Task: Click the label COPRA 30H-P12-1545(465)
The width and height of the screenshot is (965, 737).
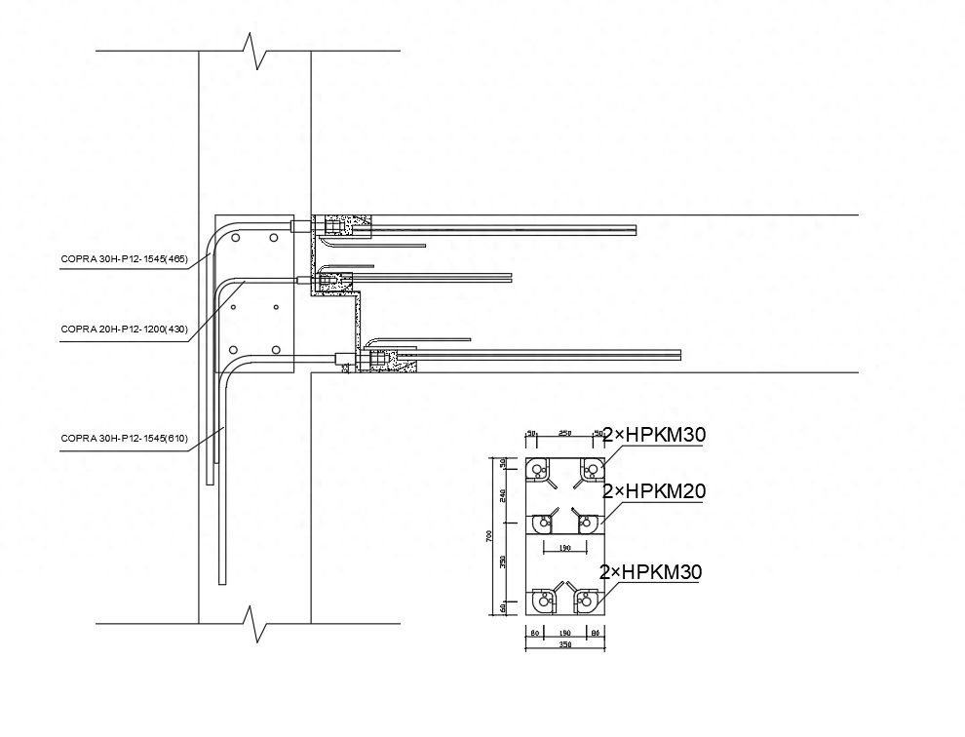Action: (124, 258)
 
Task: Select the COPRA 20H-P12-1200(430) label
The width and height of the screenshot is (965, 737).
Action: (124, 330)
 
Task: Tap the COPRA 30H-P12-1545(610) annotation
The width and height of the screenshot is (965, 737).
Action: (124, 439)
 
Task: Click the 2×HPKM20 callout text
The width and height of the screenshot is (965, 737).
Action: (653, 491)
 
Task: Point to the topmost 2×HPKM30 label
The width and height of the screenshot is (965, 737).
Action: (653, 435)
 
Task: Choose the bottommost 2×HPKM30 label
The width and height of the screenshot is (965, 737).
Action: (651, 571)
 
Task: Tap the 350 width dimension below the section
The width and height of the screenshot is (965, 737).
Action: (563, 644)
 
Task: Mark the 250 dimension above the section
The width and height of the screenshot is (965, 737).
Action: (563, 433)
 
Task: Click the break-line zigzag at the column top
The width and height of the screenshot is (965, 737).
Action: (255, 51)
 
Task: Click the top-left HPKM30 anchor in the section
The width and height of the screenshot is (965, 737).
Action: (539, 470)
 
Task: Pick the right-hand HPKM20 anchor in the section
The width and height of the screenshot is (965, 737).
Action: (585, 522)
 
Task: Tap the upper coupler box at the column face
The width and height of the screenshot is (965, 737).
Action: (334, 226)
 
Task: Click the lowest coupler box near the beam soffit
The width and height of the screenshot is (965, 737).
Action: (375, 360)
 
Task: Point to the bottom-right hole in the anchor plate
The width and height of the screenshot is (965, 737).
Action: (276, 349)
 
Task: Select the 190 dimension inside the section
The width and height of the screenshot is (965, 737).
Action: (563, 549)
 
